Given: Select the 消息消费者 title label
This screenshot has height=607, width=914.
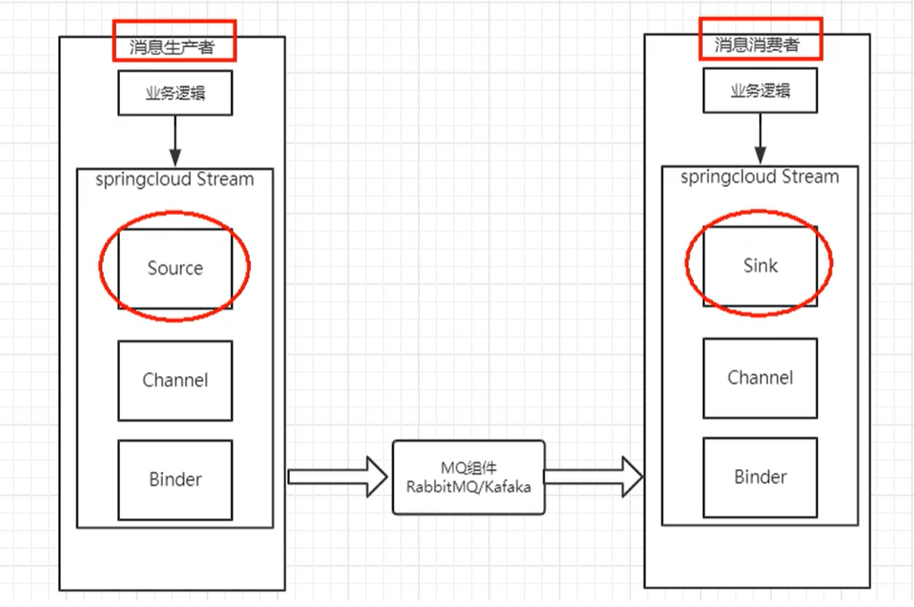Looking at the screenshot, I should point(757,45).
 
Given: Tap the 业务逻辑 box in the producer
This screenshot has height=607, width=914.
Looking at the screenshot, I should point(175,93).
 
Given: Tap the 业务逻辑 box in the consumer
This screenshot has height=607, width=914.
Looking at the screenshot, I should point(760,91).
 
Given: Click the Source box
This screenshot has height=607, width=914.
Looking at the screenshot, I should point(175,268).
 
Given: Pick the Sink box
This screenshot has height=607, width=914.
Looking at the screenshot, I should point(760,265).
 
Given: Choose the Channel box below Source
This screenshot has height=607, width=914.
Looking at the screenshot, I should point(175,380).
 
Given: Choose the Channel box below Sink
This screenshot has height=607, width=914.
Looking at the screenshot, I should point(760,378).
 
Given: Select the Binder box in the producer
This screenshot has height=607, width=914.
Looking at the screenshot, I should point(175,480).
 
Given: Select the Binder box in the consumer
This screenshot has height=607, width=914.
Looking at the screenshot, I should point(760,477).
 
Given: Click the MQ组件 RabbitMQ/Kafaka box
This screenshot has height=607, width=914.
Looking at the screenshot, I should point(468,476).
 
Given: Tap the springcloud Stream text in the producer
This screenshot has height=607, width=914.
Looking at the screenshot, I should point(175,179).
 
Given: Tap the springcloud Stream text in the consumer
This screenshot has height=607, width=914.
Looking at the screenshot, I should point(760,176).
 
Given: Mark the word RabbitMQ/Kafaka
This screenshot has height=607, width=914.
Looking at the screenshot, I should point(468,487).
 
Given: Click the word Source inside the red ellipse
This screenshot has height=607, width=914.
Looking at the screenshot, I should point(175,268).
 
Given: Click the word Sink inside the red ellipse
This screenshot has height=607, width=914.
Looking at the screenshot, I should point(760,265).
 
